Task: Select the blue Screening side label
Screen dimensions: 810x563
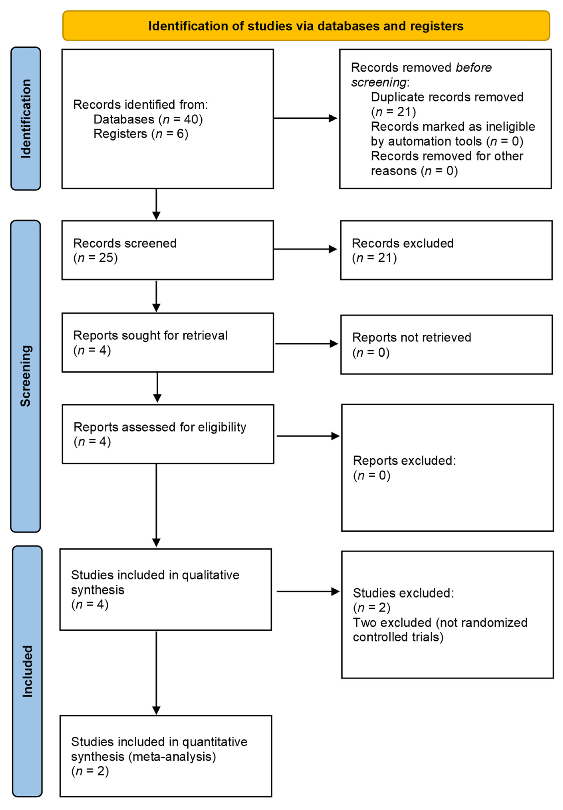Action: pyautogui.click(x=25, y=376)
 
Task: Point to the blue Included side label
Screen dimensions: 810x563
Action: pyautogui.click(x=27, y=671)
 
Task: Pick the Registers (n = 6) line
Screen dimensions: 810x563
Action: pyautogui.click(x=141, y=134)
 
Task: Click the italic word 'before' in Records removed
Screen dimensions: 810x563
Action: pyautogui.click(x=473, y=67)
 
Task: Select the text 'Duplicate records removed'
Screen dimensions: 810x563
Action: pyautogui.click(x=447, y=97)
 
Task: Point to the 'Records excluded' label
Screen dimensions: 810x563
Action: pyautogui.click(x=403, y=243)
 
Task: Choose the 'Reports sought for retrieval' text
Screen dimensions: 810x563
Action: pyautogui.click(x=150, y=335)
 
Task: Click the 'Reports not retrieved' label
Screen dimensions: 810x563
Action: pyautogui.click(x=411, y=337)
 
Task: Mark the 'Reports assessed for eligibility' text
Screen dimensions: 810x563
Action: pyautogui.click(x=160, y=427)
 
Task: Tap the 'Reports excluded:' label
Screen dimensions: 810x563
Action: pyautogui.click(x=404, y=460)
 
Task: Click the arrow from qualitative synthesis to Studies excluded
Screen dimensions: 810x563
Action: pyautogui.click(x=308, y=592)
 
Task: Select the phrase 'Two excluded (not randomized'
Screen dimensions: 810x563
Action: pyautogui.click(x=440, y=623)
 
